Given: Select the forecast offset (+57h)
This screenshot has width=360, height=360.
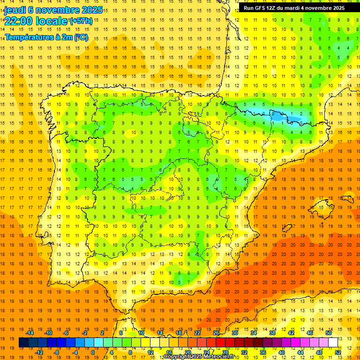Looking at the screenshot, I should tap(81, 21).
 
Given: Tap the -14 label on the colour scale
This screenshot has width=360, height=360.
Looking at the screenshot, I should tap(32, 333).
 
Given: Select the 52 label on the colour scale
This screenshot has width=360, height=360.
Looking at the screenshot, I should tap(338, 352).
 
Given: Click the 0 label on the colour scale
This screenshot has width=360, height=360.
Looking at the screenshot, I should tap(93, 352).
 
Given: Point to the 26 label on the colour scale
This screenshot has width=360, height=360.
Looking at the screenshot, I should tap(216, 333).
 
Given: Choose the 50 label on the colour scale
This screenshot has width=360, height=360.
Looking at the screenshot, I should tap(329, 333).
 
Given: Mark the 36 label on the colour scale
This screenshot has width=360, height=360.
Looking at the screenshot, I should tap(263, 352).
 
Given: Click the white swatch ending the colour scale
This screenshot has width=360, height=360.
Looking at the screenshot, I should tap(333, 343).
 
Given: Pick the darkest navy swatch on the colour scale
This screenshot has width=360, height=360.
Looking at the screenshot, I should tap(23, 343).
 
